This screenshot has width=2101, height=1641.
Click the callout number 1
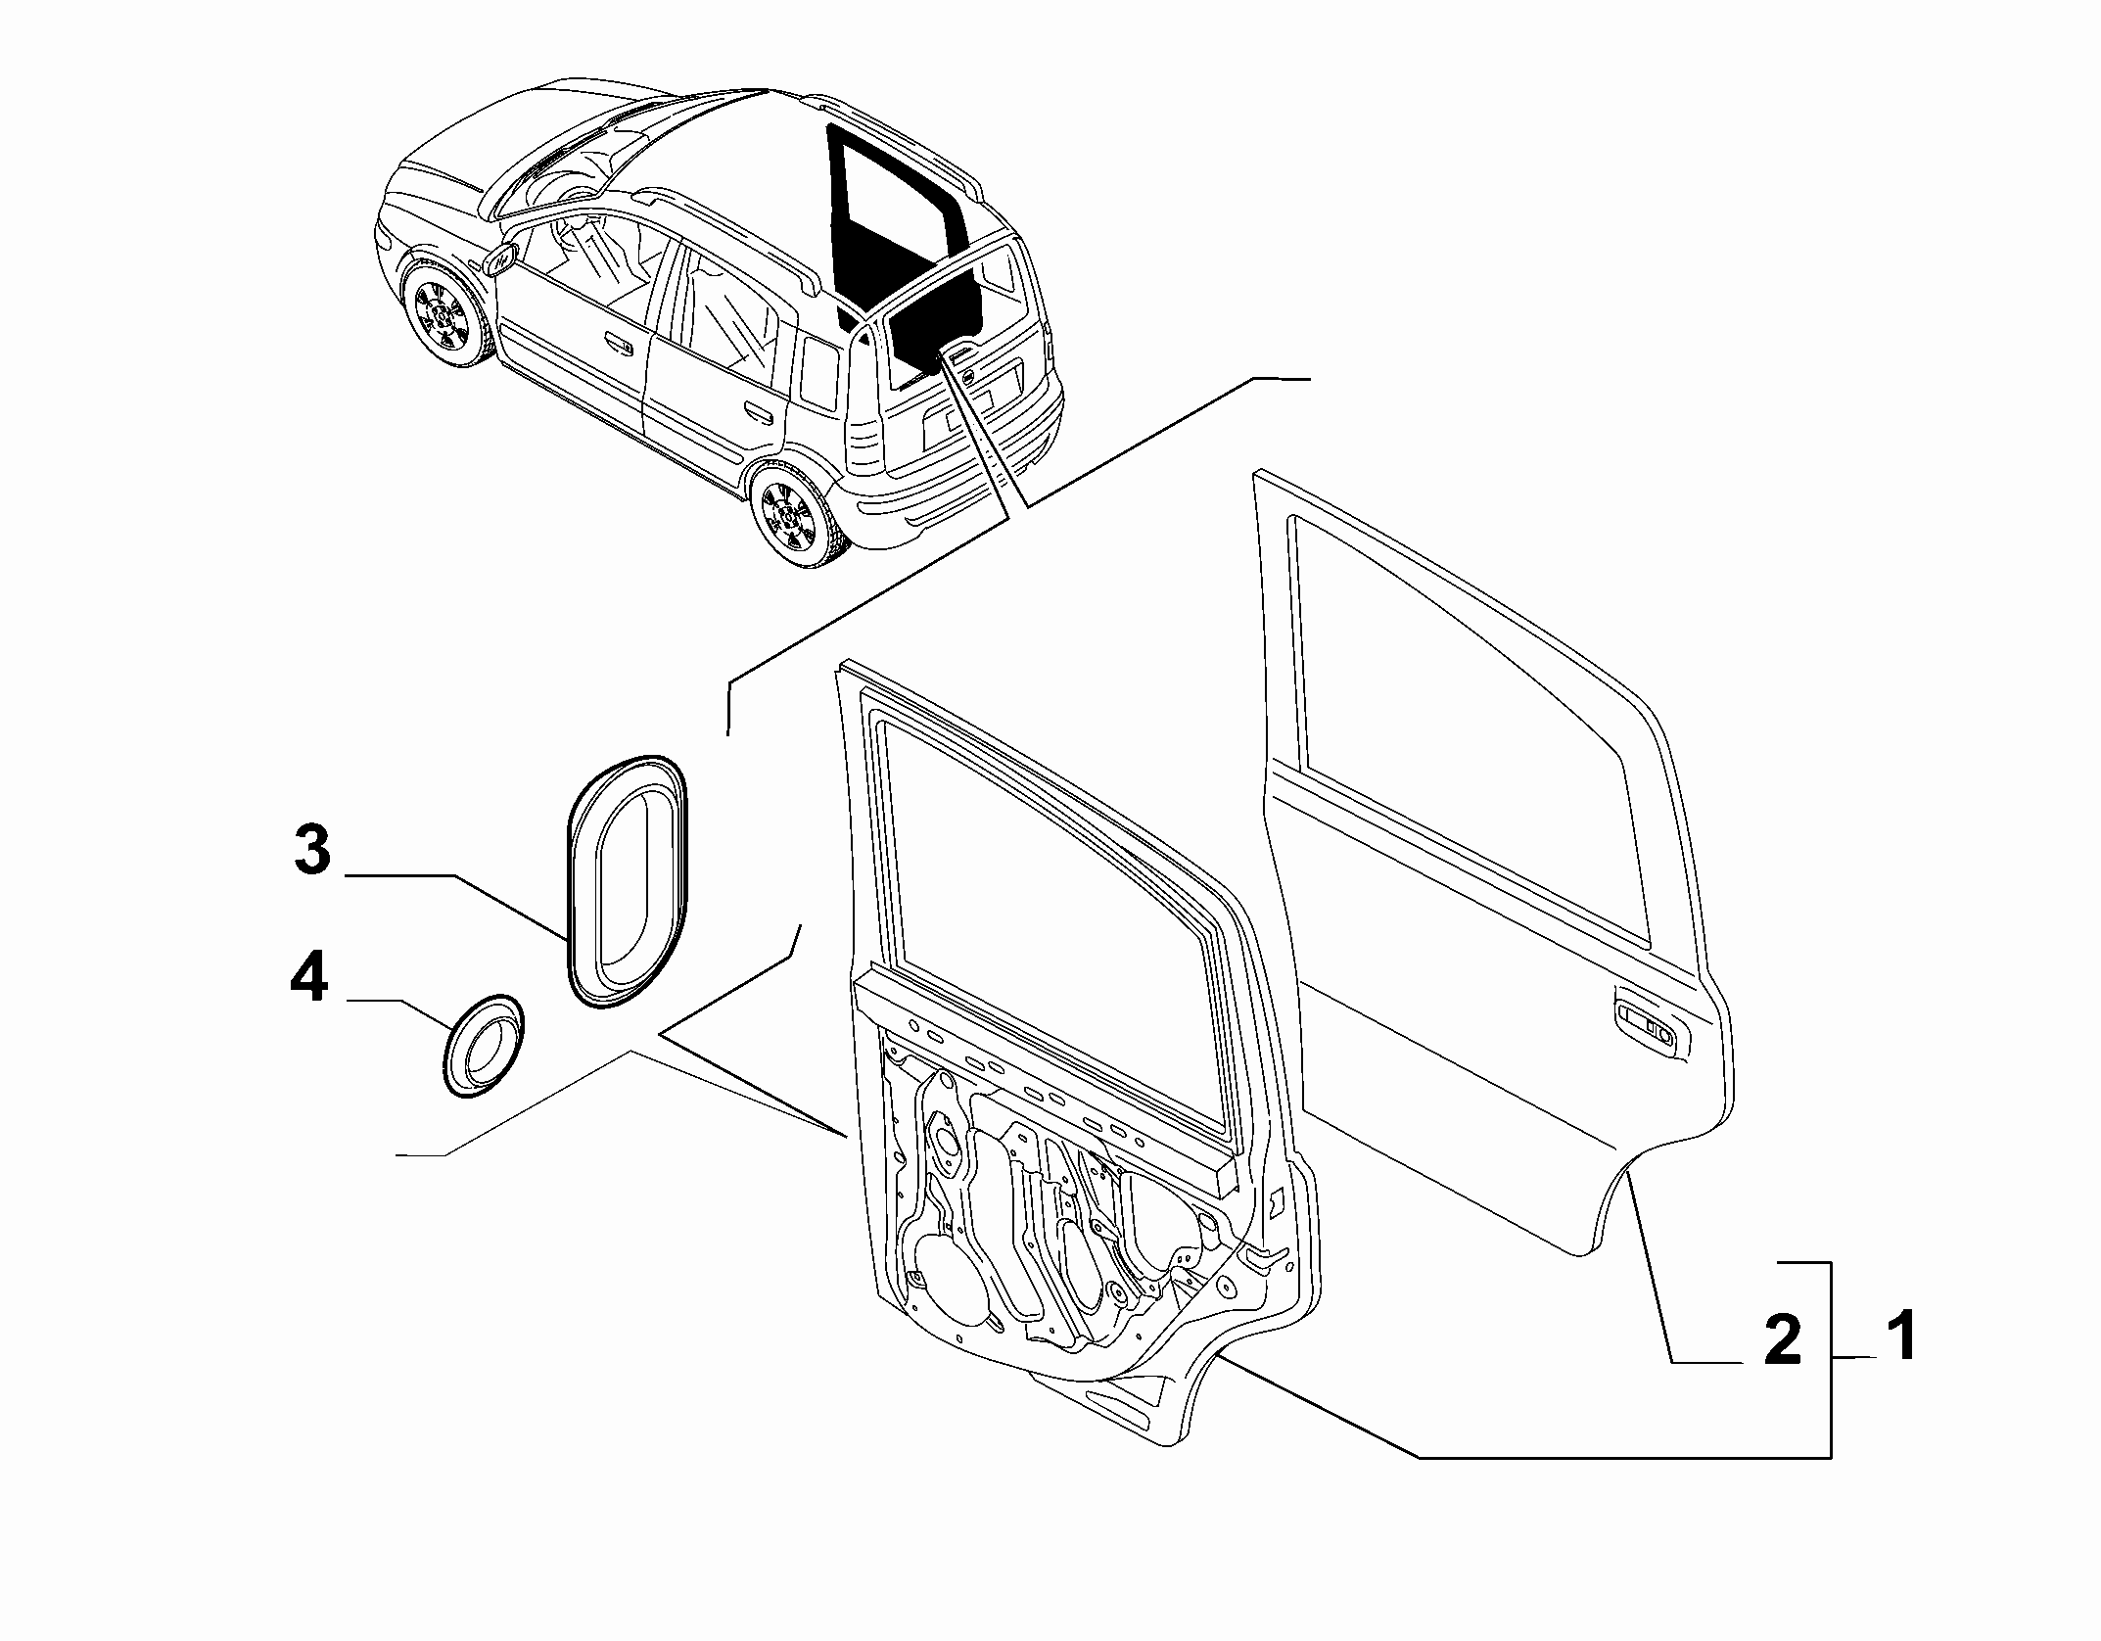coord(1901,1338)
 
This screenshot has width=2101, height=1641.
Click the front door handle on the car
coord(618,343)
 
